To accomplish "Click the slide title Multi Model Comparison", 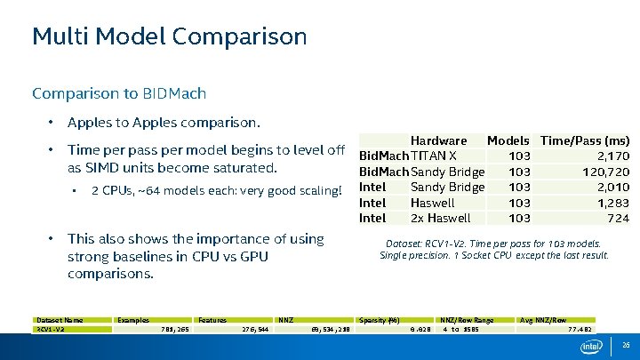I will (x=169, y=36).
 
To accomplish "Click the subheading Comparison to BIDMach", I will (x=119, y=93).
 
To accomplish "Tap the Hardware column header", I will (x=438, y=140).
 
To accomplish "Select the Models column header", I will (x=508, y=140).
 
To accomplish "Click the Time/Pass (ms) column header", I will (x=585, y=140).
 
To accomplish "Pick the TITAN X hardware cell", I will (x=434, y=156).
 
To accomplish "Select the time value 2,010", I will (x=612, y=187).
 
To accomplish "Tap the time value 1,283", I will (x=612, y=203).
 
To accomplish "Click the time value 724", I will (x=618, y=218).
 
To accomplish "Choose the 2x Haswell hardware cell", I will (x=440, y=218).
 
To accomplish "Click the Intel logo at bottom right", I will (x=591, y=345).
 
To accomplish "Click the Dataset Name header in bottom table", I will (x=60, y=320).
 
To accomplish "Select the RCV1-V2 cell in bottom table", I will (x=51, y=329).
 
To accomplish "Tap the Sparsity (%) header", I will (x=380, y=320).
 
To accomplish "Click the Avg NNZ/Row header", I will (x=543, y=320).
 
